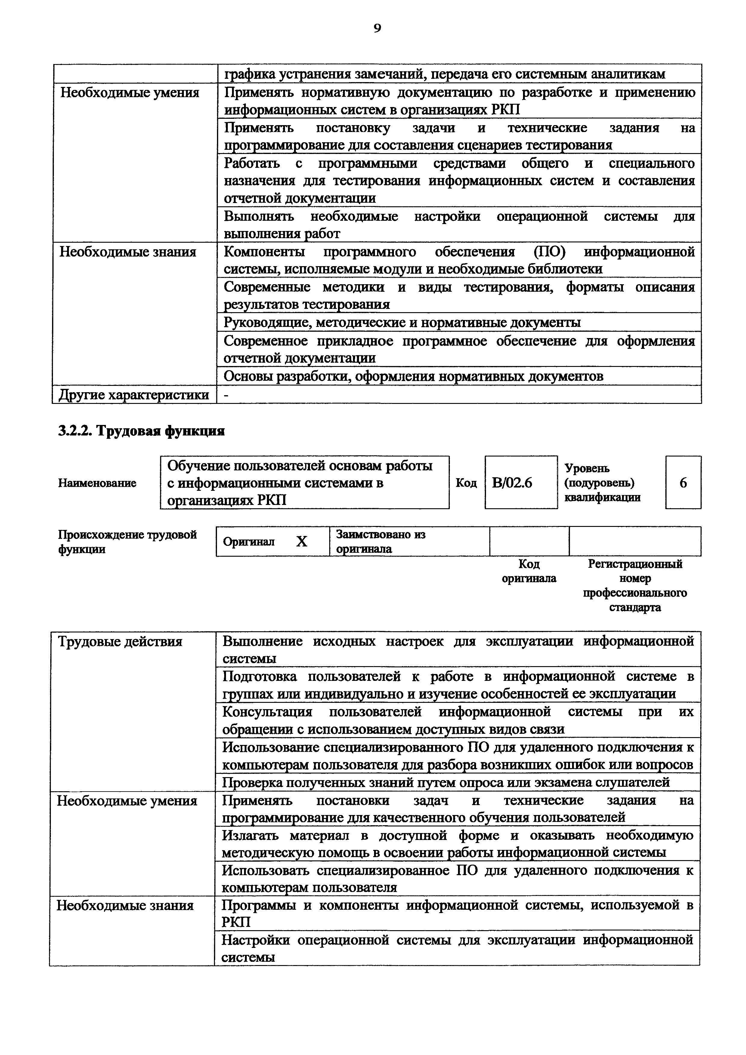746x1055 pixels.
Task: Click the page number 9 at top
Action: pos(377,29)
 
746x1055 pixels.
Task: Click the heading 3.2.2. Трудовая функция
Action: pos(141,431)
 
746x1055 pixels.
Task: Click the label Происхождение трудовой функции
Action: pos(127,542)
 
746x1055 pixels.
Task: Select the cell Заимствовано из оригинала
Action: pos(381,541)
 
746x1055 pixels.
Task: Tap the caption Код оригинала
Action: pos(529,571)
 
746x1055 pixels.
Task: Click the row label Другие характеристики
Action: pos(134,395)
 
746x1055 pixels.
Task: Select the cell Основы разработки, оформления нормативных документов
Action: pos(413,376)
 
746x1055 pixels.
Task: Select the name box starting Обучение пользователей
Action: pos(304,482)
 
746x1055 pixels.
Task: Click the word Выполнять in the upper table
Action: pos(259,217)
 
